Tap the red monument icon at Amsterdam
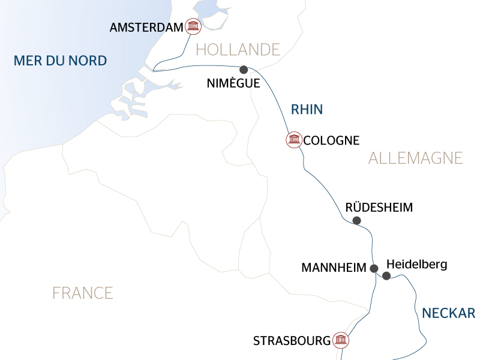[x=193, y=26]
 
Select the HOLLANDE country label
[x=238, y=49]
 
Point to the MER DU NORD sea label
[x=60, y=61]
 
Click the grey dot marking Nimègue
[x=244, y=69]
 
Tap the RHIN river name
[x=307, y=109]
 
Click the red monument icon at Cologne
[x=293, y=140]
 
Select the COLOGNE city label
[x=331, y=141]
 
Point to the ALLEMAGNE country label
[x=415, y=158]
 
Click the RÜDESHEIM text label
[x=379, y=208]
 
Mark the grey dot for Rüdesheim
[x=356, y=221]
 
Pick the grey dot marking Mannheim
[x=374, y=268]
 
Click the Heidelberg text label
[x=417, y=264]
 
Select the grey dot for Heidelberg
[x=386, y=276]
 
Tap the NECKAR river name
[x=448, y=313]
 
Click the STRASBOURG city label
[x=292, y=341]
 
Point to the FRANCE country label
[x=82, y=293]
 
